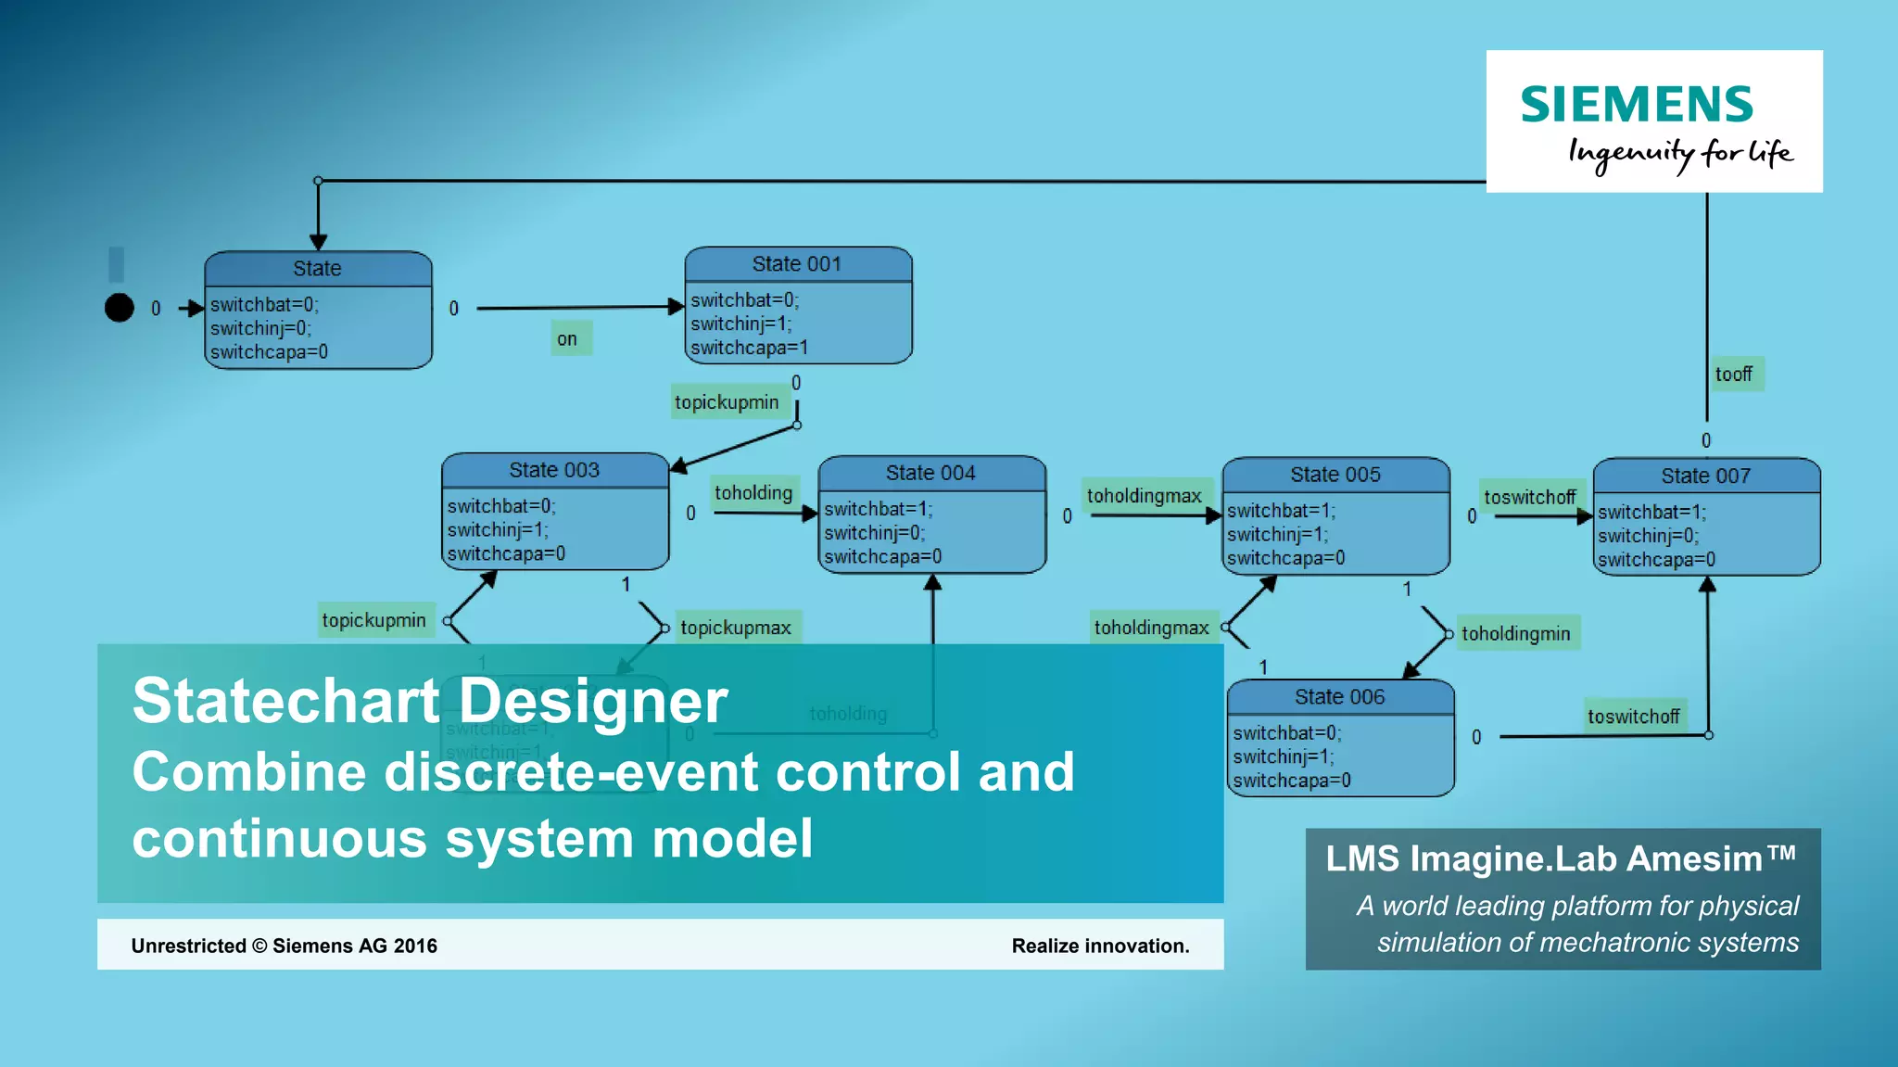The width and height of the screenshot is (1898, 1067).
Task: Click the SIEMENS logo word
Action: tap(1636, 104)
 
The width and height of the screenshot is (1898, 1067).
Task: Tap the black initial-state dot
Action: tap(120, 308)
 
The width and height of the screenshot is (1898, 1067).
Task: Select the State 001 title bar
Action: tap(797, 264)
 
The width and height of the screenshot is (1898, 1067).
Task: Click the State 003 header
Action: tap(554, 470)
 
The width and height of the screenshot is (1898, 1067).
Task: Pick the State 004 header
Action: tap(930, 473)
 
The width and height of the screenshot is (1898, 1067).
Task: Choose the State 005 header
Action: tap(1335, 475)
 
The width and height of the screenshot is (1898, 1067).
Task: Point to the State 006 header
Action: tap(1339, 697)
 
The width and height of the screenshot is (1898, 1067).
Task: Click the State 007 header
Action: tap(1705, 476)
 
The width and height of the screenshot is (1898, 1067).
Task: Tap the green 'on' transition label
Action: tap(567, 339)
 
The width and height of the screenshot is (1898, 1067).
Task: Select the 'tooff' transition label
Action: tap(1733, 375)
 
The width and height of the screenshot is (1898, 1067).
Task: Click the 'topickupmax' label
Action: tap(736, 628)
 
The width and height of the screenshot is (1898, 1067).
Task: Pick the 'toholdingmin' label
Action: tap(1515, 634)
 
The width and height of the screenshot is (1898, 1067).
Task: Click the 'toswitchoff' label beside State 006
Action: tap(1633, 717)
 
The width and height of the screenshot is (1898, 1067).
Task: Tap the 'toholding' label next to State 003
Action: tap(753, 493)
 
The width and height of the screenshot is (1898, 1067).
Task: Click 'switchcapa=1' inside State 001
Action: tap(749, 348)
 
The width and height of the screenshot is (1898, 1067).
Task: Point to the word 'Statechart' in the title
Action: tap(285, 701)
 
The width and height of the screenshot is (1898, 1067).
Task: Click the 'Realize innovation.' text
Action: tap(1100, 946)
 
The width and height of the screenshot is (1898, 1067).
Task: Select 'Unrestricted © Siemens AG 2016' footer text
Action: tap(284, 946)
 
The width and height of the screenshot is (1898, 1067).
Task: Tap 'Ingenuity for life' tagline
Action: tap(1679, 153)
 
